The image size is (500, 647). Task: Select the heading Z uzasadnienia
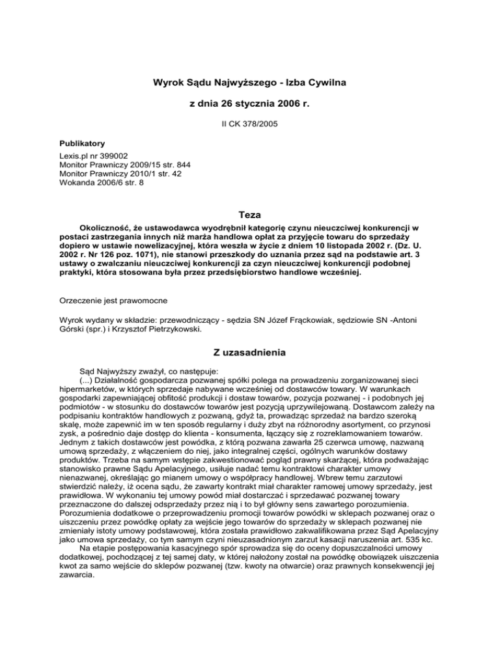pos(250,353)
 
